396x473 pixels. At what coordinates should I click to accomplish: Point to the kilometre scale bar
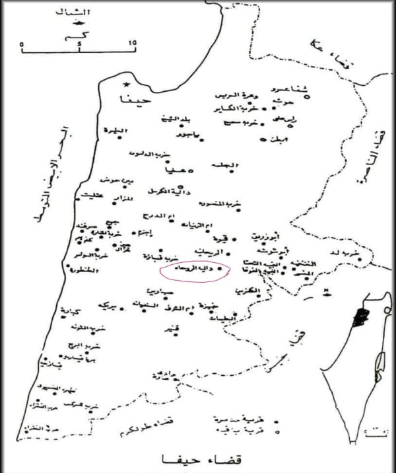tap(78, 45)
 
